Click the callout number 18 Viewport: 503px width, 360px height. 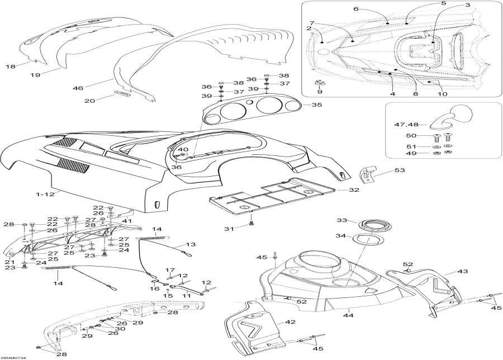click(x=11, y=67)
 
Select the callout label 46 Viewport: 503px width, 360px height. click(x=78, y=88)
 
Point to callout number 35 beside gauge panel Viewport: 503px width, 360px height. click(x=317, y=105)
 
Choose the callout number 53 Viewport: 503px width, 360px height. click(x=400, y=170)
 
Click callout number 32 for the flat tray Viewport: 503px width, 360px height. click(x=354, y=190)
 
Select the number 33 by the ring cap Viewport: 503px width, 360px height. click(x=342, y=220)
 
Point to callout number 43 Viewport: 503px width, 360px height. click(x=463, y=271)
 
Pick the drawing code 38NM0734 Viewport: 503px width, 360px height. click(x=13, y=357)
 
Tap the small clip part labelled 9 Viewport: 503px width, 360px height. click(x=320, y=83)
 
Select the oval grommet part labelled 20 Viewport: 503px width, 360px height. click(x=122, y=93)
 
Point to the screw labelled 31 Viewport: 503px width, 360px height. click(x=251, y=222)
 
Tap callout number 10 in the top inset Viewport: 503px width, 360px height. click(x=442, y=94)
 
